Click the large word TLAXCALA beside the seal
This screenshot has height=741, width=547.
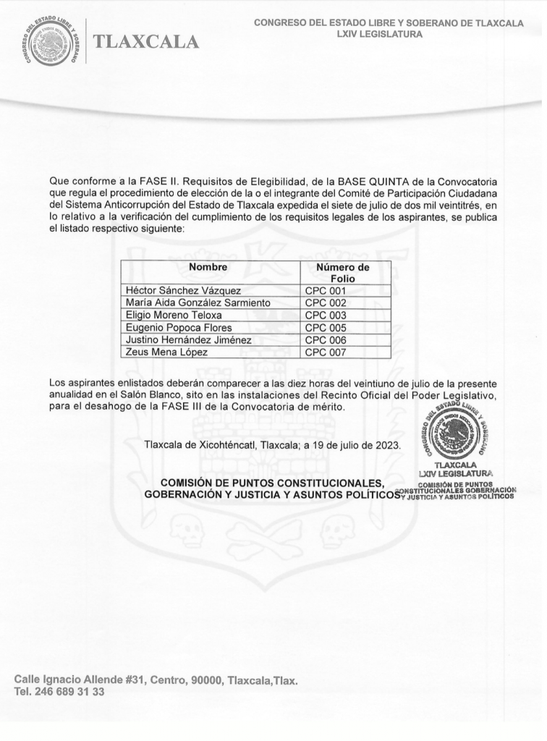[x=145, y=43]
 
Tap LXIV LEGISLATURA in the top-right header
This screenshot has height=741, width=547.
[x=389, y=34]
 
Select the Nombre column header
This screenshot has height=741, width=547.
[x=208, y=267]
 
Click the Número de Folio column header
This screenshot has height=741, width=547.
[x=343, y=273]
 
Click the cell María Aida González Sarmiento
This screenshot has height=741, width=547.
[x=198, y=303]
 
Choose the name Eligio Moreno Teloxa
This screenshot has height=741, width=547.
[x=174, y=316]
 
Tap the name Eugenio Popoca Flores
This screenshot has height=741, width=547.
[x=179, y=328]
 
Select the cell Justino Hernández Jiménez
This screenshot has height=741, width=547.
[x=189, y=340]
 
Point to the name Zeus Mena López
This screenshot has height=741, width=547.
[x=167, y=352]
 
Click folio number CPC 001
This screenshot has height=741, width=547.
[x=326, y=291]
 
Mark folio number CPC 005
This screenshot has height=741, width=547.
[x=326, y=328]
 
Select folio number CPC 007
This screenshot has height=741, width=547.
[x=326, y=352]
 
